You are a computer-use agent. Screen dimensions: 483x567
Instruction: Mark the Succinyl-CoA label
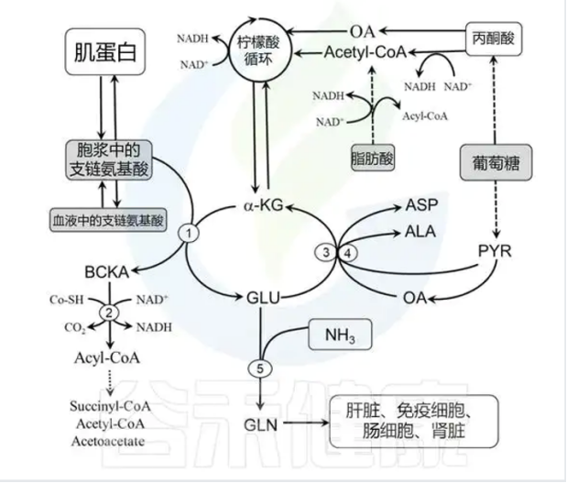(x=108, y=405)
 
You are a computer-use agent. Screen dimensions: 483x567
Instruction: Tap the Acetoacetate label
(x=107, y=440)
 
